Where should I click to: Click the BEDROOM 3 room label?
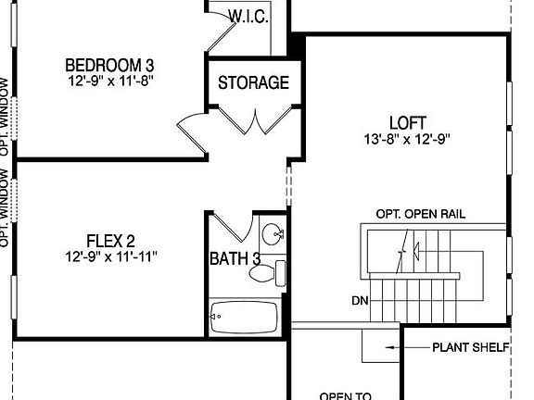109,66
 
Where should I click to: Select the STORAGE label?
253,82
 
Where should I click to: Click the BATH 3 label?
234,258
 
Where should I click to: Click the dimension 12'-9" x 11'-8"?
109,81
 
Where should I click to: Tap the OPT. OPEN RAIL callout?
420,214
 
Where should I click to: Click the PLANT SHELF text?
471,348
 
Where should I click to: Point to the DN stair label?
360,301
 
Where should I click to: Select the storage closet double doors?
252,121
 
